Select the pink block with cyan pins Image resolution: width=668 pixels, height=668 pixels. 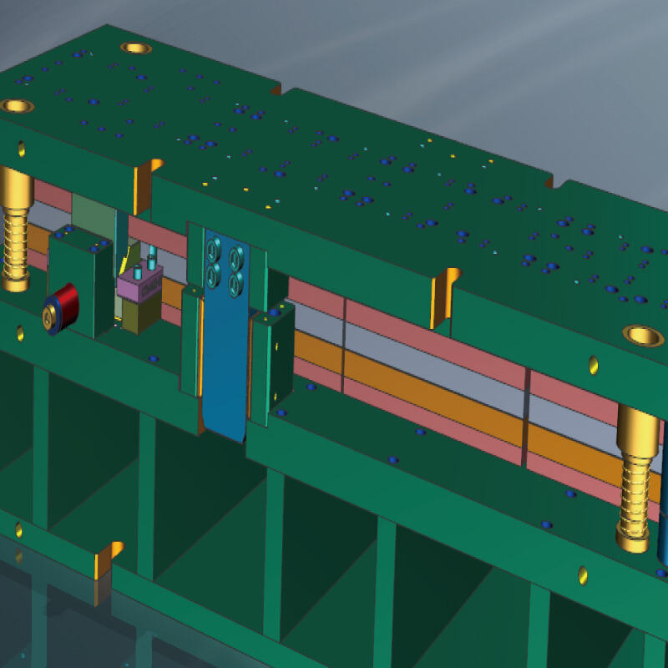[139, 284]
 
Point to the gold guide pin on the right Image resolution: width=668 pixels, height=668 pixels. [638, 476]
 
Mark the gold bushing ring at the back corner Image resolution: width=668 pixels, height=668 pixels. [135, 48]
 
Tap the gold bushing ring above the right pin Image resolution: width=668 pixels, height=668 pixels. [643, 336]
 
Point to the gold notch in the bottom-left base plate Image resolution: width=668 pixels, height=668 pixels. [107, 560]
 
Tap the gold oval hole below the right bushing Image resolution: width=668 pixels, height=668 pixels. [594, 365]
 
